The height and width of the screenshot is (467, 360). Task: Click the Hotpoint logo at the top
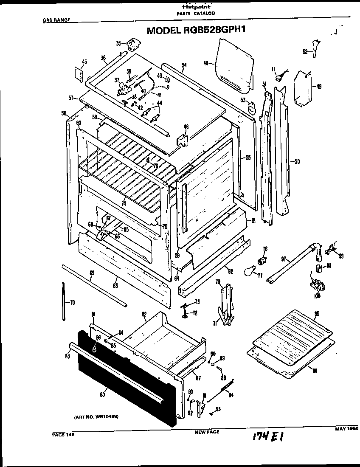click(x=196, y=7)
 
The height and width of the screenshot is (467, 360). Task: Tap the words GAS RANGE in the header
click(x=56, y=20)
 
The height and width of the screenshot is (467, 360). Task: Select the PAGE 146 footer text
click(x=63, y=433)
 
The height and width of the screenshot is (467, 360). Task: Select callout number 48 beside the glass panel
click(x=206, y=63)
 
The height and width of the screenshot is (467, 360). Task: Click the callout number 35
click(x=118, y=43)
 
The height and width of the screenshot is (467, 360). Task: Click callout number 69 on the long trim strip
click(x=92, y=273)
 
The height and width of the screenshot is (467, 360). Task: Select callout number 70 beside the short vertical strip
click(x=72, y=302)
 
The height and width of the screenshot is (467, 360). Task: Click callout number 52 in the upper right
click(x=305, y=52)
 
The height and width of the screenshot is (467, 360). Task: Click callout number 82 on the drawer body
click(x=144, y=315)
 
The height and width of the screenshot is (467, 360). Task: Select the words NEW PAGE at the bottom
click(x=207, y=432)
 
